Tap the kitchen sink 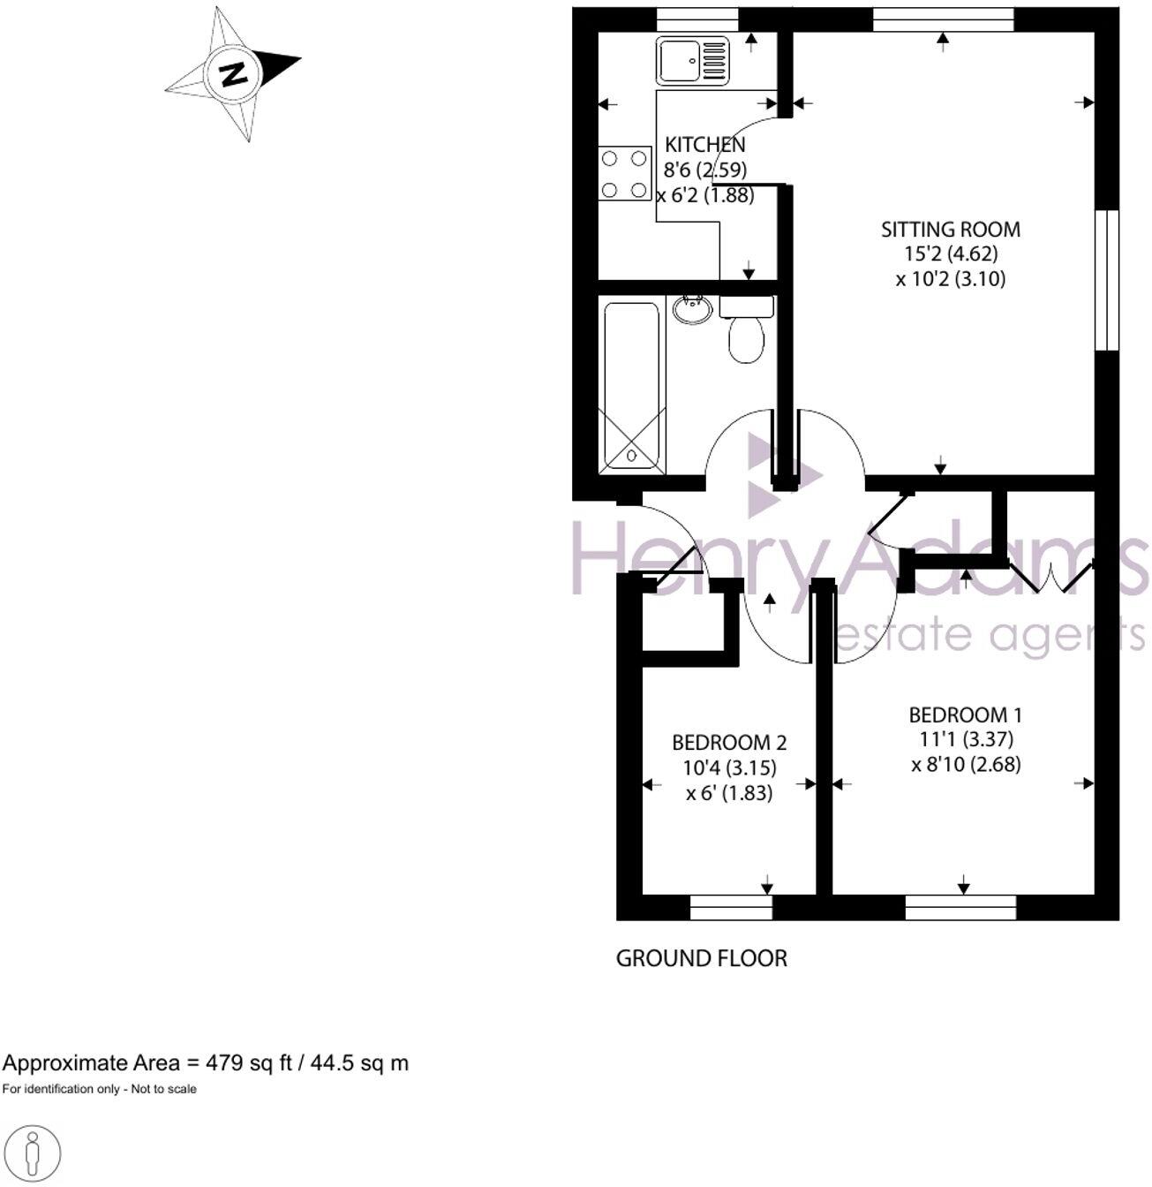692,61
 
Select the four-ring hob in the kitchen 624,173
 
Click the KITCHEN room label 704,144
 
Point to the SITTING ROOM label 950,230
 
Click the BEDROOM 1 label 965,714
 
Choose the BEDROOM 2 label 729,743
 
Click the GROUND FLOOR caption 701,958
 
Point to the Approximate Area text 206,1062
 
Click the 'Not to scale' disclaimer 100,1089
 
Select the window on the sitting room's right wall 1107,280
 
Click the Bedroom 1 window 960,907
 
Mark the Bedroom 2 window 731,907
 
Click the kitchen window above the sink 698,19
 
